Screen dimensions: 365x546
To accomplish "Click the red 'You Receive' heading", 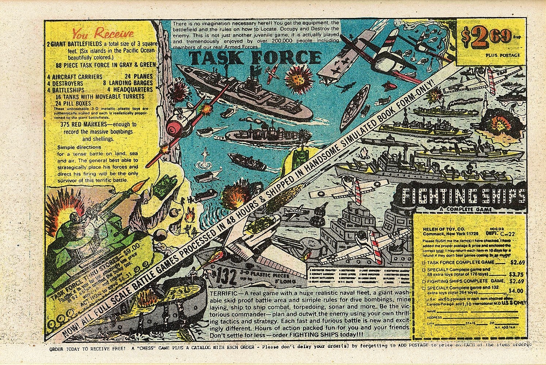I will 102,34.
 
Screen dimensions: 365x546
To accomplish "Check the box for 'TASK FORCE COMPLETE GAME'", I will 424,262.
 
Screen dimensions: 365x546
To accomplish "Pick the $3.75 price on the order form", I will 515,273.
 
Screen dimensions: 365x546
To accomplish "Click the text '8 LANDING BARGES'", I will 128,83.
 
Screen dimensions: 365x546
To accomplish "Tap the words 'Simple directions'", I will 79,148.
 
